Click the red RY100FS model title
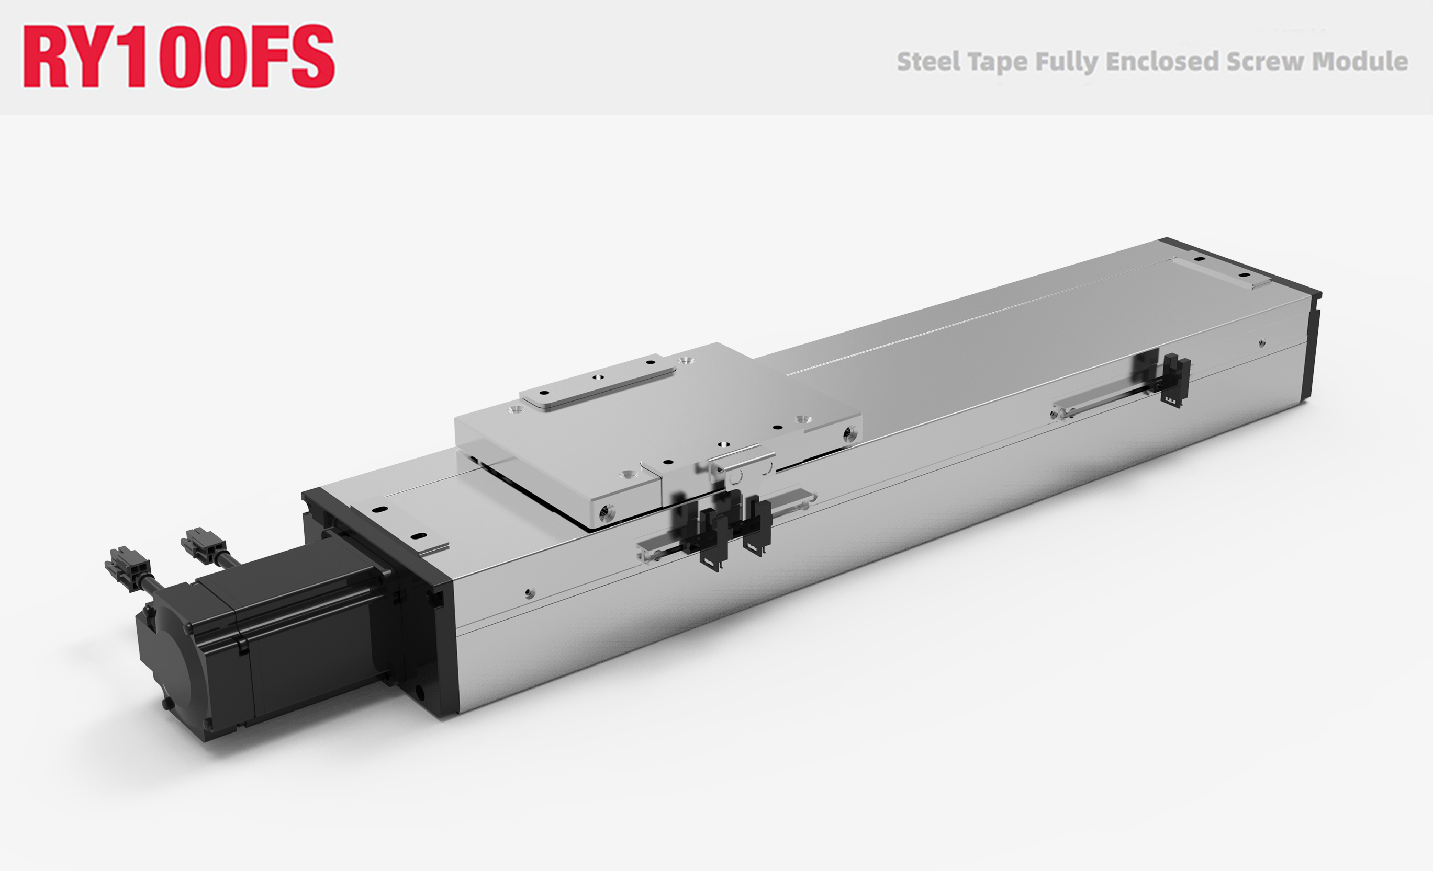[x=178, y=56]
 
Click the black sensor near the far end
[x=1175, y=381]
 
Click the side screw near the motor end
[x=529, y=593]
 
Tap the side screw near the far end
[x=1261, y=343]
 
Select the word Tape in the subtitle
[x=998, y=62]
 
